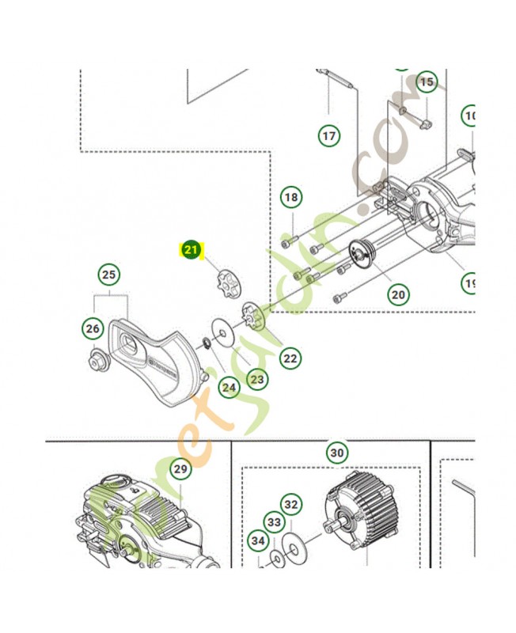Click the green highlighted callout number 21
pos(191,250)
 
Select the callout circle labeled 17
pos(328,135)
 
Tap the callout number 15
pos(427,81)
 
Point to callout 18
pos(290,196)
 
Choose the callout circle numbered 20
pos(398,294)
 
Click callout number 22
pos(290,358)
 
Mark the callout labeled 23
pos(256,379)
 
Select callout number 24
pos(229,387)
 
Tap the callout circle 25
pos(108,275)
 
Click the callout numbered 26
pos(93,328)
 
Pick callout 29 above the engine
pos(180,469)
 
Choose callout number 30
pos(337,453)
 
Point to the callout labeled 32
pos(291,504)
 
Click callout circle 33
pos(274,522)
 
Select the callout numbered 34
pos(258,541)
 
